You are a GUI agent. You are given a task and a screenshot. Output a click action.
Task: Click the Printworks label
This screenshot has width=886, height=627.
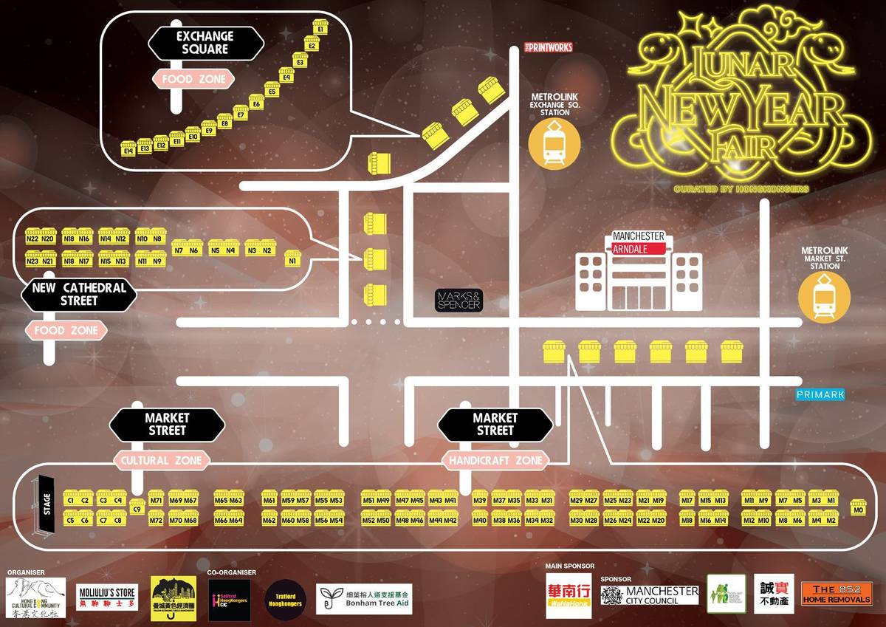pyautogui.click(x=548, y=47)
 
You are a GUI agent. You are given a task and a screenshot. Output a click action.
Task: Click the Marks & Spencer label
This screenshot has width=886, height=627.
pyautogui.click(x=458, y=300)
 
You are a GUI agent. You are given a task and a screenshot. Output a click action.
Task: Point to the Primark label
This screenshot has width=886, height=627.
pyautogui.click(x=820, y=395)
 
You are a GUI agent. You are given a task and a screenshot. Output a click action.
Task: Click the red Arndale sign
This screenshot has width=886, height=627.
pyautogui.click(x=639, y=250)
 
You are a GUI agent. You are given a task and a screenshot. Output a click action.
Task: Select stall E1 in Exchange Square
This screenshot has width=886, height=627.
pyautogui.click(x=320, y=27)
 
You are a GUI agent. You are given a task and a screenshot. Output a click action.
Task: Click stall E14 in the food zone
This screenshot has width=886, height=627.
pyautogui.click(x=128, y=148)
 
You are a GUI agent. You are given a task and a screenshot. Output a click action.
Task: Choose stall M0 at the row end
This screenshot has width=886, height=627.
pyautogui.click(x=857, y=509)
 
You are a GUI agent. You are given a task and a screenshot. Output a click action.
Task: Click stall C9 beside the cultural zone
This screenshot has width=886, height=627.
pyautogui.click(x=137, y=507)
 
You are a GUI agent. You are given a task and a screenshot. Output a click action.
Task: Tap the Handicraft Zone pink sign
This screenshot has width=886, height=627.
pyautogui.click(x=495, y=460)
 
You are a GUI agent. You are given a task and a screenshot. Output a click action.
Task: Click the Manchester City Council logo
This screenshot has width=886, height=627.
pyautogui.click(x=650, y=595)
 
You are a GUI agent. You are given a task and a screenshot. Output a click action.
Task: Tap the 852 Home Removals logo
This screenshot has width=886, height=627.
pyautogui.click(x=837, y=593)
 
